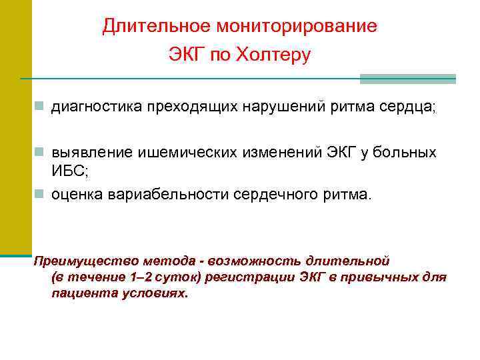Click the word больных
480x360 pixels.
(406, 153)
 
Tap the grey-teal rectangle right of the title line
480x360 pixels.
(408, 79)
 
